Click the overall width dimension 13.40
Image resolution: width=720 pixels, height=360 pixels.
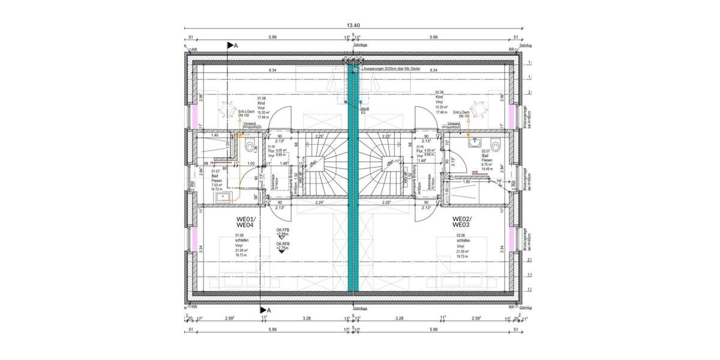click(x=353, y=25)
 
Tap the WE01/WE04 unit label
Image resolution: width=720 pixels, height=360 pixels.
click(x=246, y=222)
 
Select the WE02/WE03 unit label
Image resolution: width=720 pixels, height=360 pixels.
click(x=461, y=222)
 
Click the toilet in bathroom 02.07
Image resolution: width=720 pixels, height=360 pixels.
click(x=495, y=145)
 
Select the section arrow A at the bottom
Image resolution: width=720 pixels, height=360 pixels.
click(x=265, y=310)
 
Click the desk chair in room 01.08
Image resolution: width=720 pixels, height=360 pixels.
click(x=228, y=110)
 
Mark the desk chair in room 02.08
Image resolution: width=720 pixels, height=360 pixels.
click(x=478, y=109)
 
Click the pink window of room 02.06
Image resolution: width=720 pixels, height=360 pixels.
click(x=512, y=238)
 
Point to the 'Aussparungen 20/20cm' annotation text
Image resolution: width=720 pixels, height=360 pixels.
click(x=391, y=70)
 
